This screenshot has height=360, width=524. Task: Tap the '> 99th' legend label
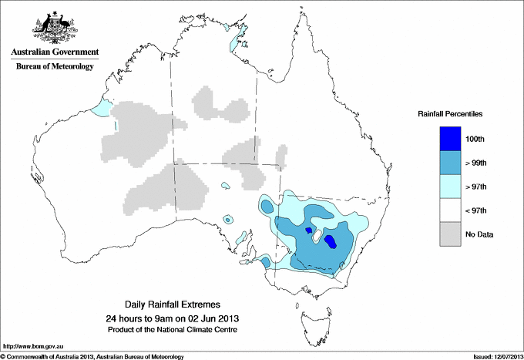pos(476,162)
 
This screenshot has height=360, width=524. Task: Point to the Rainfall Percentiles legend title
pos(450,114)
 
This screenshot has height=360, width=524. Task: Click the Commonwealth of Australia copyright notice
pos(92,356)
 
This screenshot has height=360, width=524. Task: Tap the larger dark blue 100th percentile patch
pos(331,242)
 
